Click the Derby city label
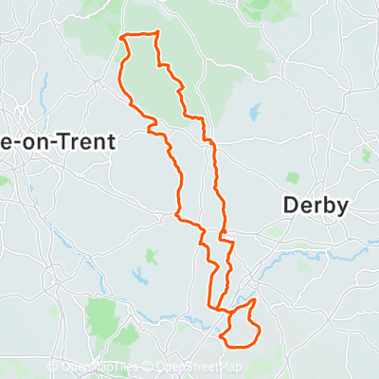pyautogui.click(x=316, y=206)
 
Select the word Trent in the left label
pyautogui.click(x=88, y=141)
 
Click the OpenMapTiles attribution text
pyautogui.click(x=104, y=368)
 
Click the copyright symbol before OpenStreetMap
pyautogui.click(x=151, y=368)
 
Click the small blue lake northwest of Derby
pyautogui.click(x=254, y=112)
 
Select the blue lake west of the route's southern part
pyautogui.click(x=140, y=276)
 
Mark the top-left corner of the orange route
pyautogui.click(x=123, y=37)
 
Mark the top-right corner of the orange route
pyautogui.click(x=156, y=33)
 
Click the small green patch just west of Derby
pyautogui.click(x=292, y=176)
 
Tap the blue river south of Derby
pyautogui.click(x=284, y=256)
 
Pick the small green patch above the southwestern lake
pyautogui.click(x=150, y=255)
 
